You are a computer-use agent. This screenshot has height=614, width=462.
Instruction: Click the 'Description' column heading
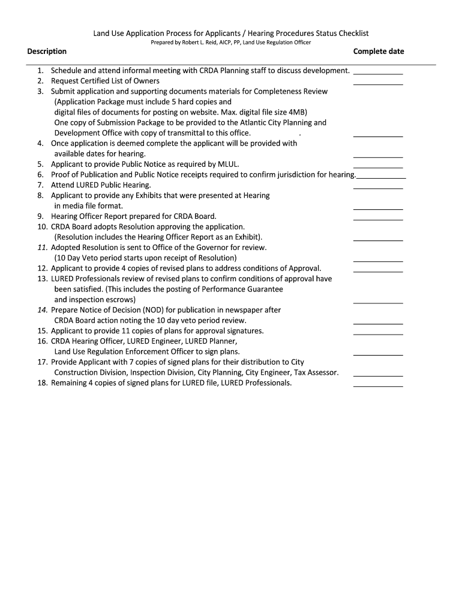tap(47, 52)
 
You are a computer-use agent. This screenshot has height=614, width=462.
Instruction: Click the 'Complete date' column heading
tap(379, 52)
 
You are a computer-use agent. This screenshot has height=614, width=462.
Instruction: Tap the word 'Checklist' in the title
tap(351, 34)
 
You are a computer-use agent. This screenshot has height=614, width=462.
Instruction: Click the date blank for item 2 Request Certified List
tap(378, 83)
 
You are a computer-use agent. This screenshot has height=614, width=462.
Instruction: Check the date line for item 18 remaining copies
tap(378, 385)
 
